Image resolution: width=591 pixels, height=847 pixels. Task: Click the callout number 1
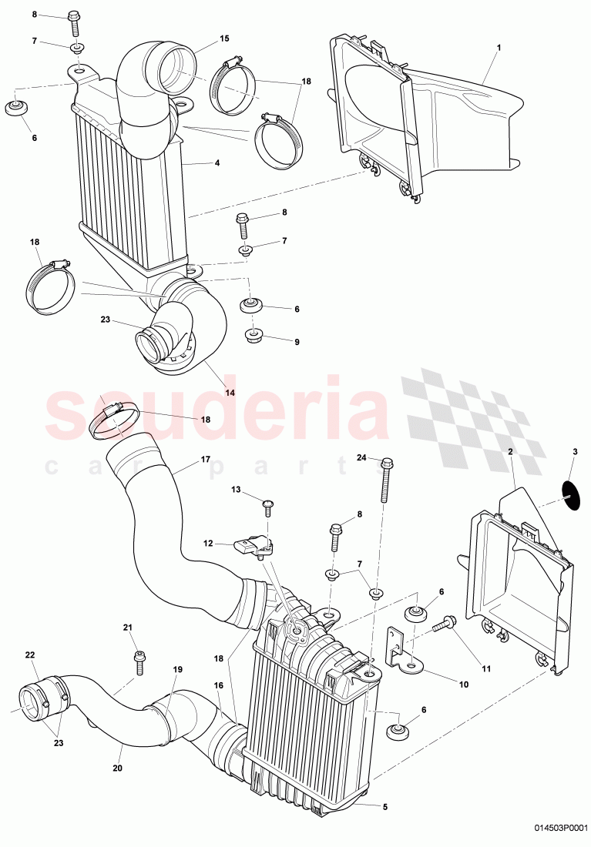pos(499,48)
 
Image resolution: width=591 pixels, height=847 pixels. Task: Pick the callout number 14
pos(229,392)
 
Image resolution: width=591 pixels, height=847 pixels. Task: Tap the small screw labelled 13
pos(267,505)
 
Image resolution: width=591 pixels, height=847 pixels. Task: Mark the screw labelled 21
pos(139,661)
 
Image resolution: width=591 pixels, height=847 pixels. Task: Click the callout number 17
pos(206,460)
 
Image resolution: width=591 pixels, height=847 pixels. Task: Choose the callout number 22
pos(30,655)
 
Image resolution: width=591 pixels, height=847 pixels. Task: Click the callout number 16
pos(219,685)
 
